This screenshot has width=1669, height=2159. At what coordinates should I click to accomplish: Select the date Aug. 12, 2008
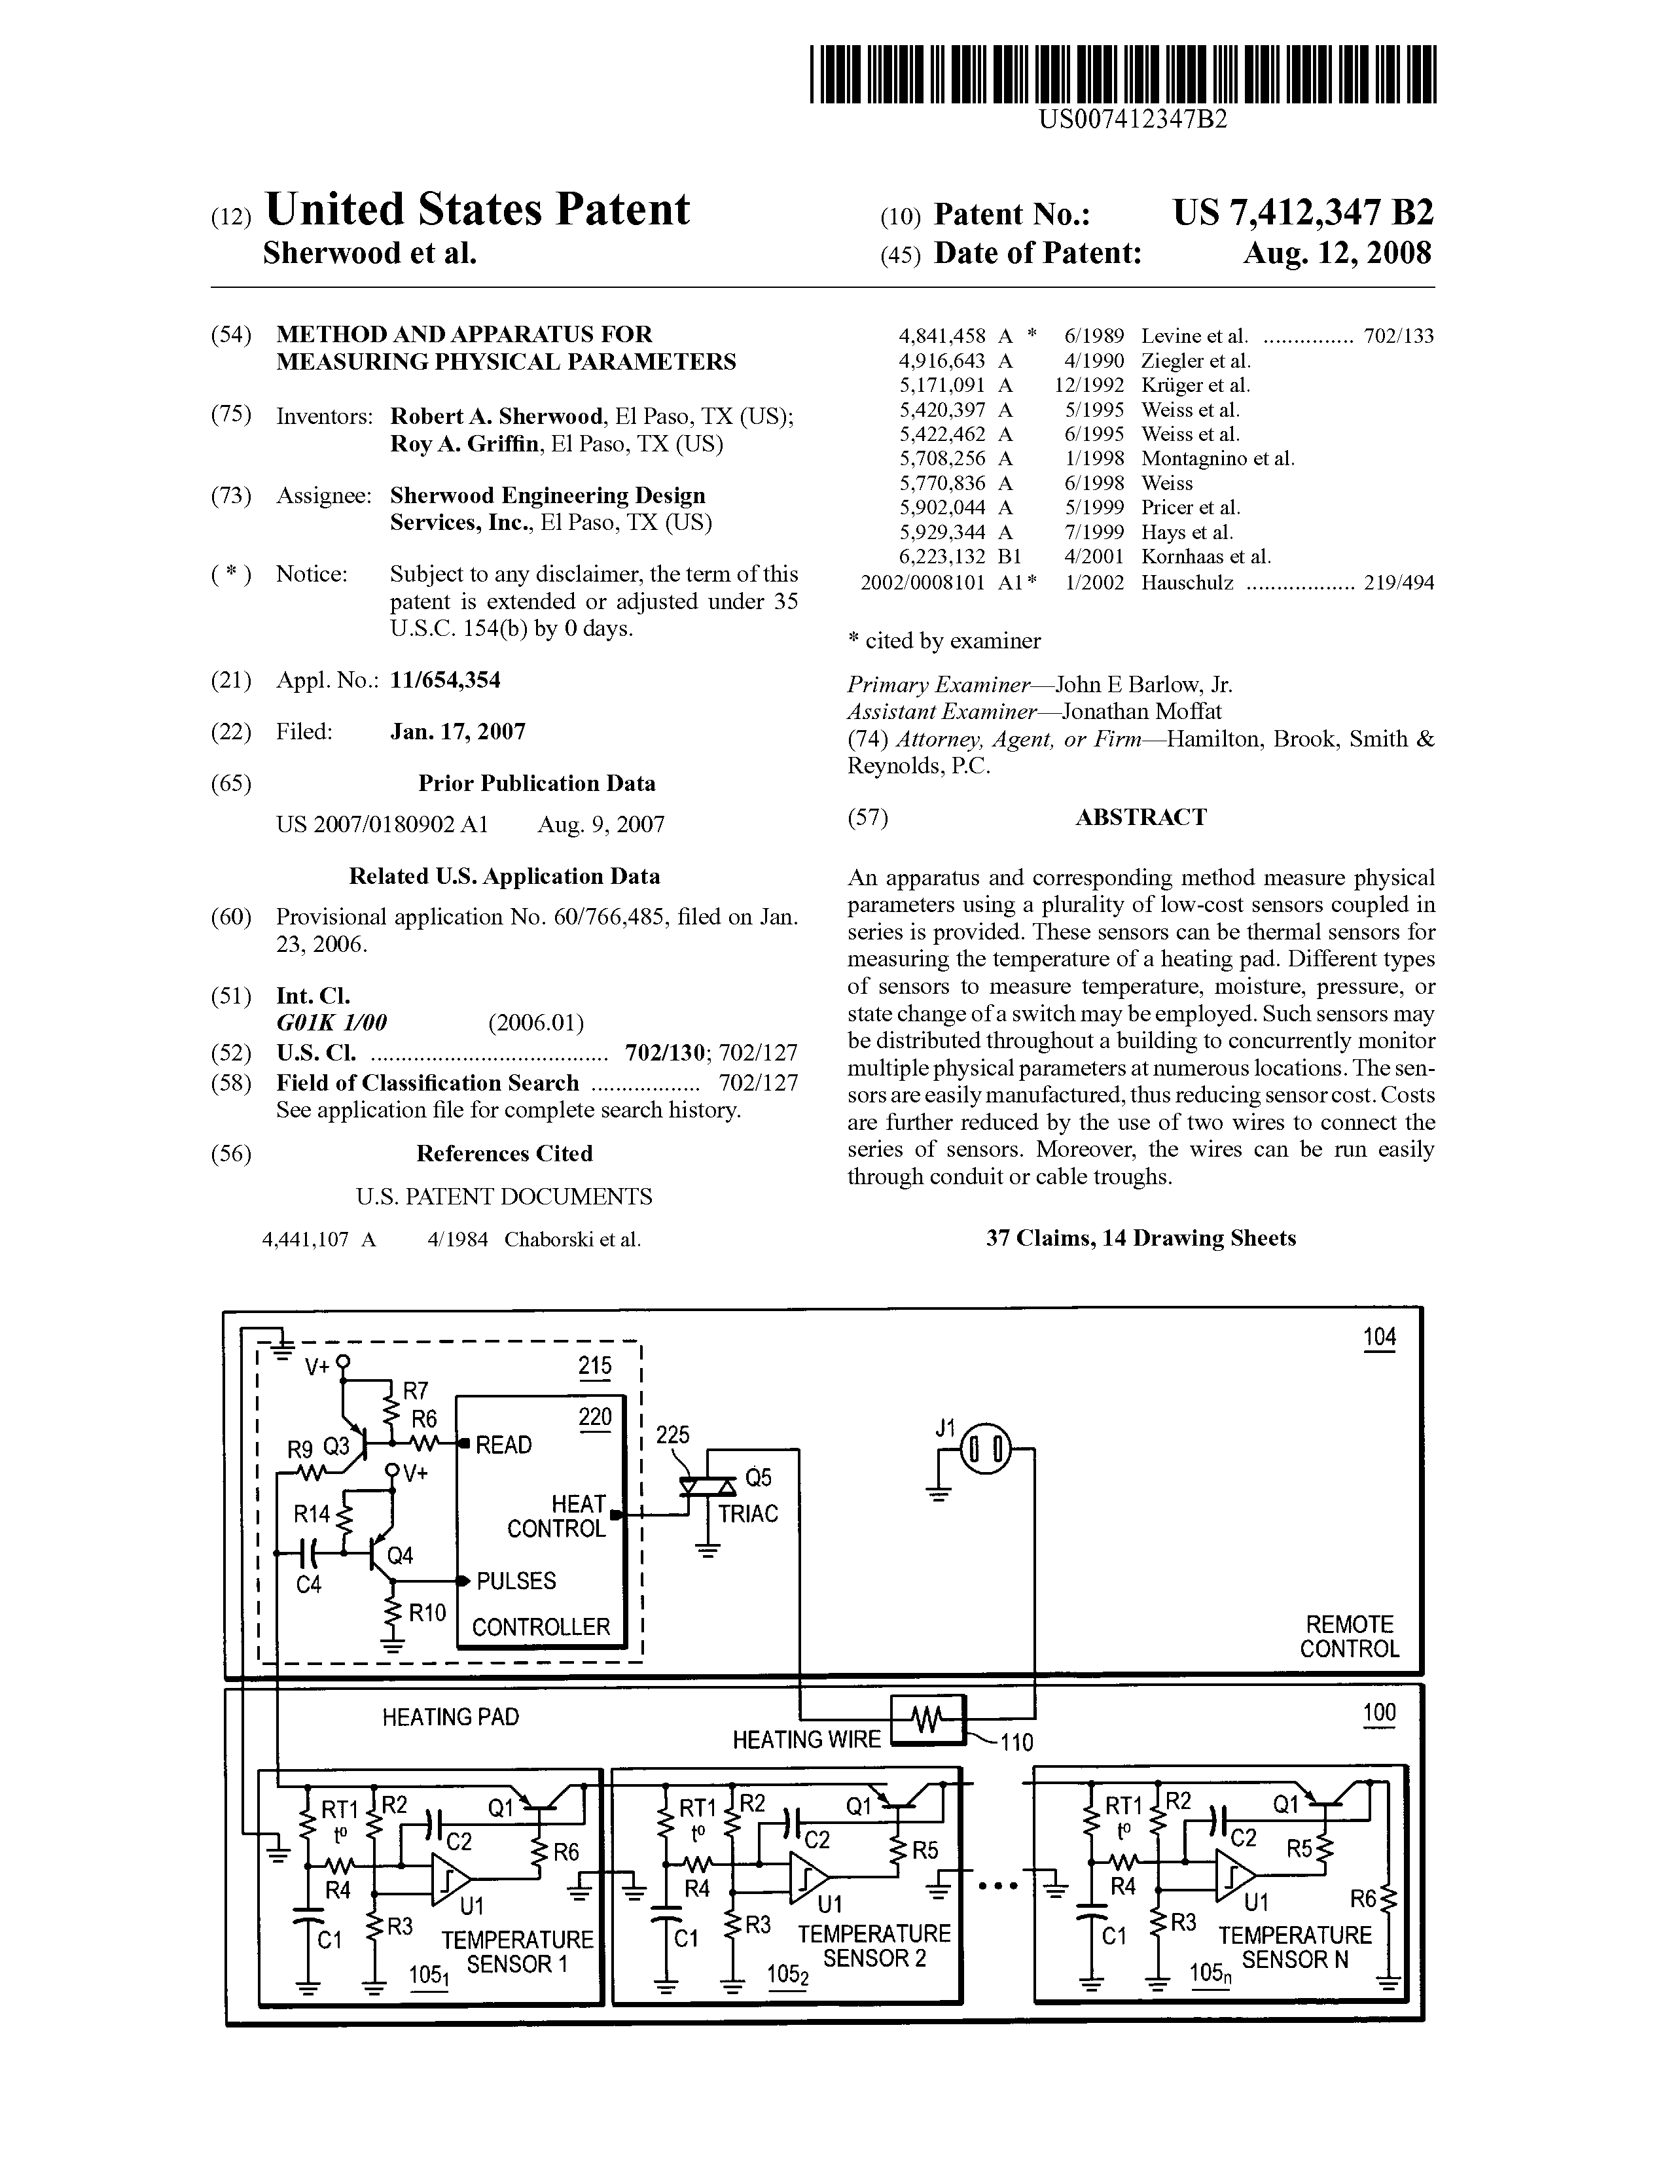pyautogui.click(x=1337, y=254)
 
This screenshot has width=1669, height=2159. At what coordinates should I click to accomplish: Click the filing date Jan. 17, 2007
pyautogui.click(x=458, y=731)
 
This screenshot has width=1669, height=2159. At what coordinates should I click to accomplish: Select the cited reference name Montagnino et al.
pyautogui.click(x=1217, y=459)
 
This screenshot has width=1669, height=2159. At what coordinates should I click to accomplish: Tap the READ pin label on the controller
pyautogui.click(x=504, y=1445)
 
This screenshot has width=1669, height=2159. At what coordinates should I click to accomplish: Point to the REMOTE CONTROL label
pyautogui.click(x=1349, y=1636)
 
